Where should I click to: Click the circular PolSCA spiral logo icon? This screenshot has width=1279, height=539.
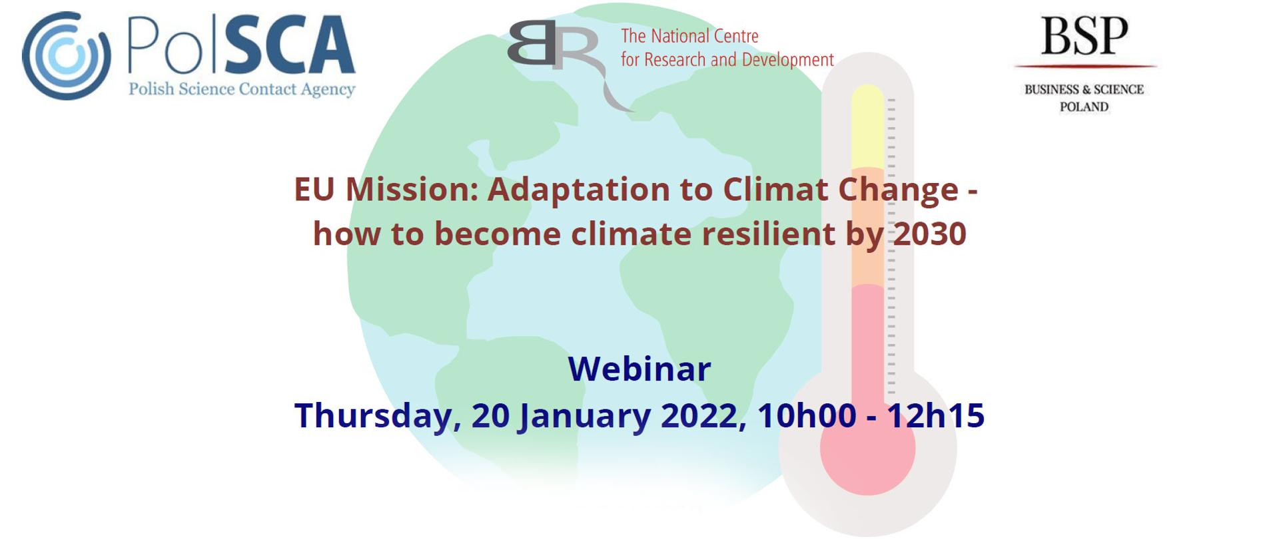[66, 56]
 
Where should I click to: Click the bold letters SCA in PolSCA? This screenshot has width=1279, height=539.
[290, 47]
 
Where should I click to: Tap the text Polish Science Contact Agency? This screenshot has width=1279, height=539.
[241, 89]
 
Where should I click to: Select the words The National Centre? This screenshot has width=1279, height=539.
[689, 36]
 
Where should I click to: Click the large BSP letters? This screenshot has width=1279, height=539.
[1084, 37]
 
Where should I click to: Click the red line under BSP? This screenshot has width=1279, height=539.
[1084, 67]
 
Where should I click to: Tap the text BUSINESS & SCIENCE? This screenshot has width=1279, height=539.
[1084, 89]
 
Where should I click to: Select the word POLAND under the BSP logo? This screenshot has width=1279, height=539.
[1084, 106]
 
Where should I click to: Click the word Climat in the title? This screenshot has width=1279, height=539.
[775, 190]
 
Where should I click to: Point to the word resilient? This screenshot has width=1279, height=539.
[769, 234]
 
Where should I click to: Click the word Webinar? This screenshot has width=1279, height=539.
[639, 369]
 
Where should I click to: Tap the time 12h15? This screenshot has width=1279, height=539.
[935, 416]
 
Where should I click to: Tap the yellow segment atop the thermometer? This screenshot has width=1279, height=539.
[867, 126]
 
